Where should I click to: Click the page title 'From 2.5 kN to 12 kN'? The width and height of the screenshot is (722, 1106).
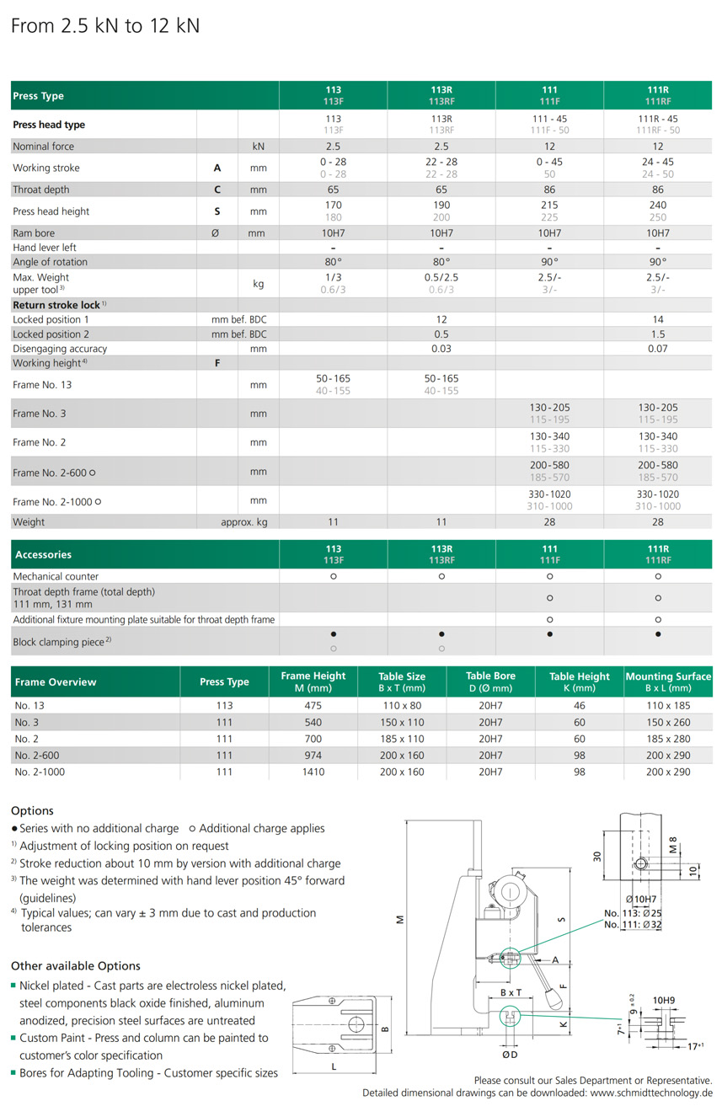[105, 26]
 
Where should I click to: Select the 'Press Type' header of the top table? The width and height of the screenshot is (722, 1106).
[39, 96]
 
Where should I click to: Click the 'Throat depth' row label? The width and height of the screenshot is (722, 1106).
[41, 190]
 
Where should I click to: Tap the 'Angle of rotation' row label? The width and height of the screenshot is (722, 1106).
[50, 262]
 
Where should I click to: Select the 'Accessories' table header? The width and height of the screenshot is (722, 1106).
[43, 554]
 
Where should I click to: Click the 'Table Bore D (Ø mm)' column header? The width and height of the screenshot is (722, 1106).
[490, 681]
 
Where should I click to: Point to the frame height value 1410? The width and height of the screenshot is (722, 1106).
[313, 772]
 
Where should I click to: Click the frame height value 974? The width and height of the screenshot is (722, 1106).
[313, 756]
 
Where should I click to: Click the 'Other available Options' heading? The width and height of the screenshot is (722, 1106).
[76, 966]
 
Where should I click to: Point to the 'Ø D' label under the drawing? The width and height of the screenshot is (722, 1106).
[511, 1054]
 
